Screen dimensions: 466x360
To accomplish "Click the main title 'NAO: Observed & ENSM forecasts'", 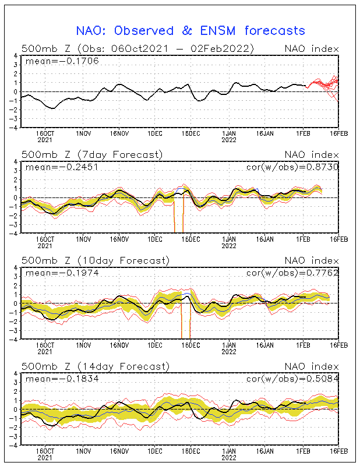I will pyautogui.click(x=191, y=30).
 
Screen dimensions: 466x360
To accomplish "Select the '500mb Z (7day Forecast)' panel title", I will pyautogui.click(x=92, y=154).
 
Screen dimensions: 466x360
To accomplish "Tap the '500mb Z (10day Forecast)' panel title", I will pyautogui.click(x=94, y=260).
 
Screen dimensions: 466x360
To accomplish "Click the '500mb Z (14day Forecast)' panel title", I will pyautogui.click(x=94, y=366).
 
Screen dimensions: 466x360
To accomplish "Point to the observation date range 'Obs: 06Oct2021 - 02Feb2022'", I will pyautogui.click(x=167, y=48).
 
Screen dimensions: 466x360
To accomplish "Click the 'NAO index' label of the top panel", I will pyautogui.click(x=310, y=48).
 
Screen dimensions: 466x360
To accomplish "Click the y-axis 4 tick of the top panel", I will pyautogui.click(x=15, y=56).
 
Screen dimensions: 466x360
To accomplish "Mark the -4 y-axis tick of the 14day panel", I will pyautogui.click(x=13, y=445).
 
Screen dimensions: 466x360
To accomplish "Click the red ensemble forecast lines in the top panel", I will pyautogui.click(x=326, y=85).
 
